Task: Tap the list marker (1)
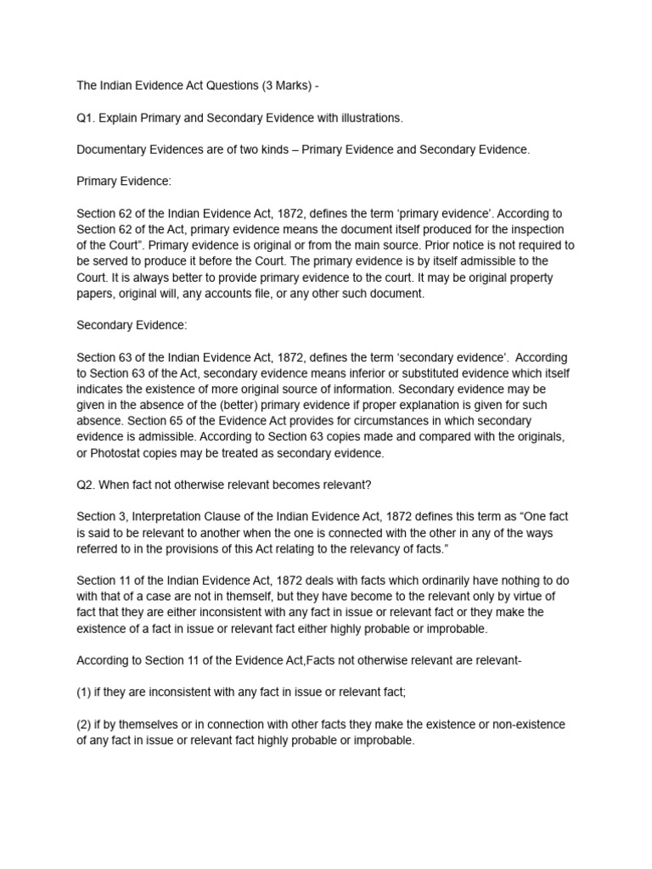pos(84,692)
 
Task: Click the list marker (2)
pos(84,724)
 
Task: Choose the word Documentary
pos(115,149)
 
